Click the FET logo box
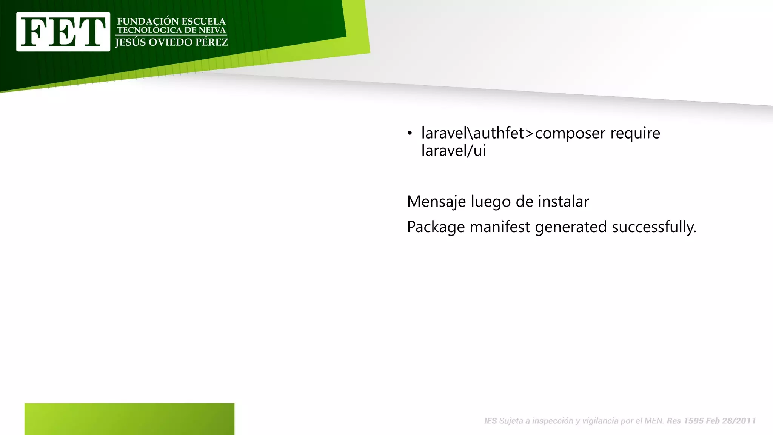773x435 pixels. (x=63, y=32)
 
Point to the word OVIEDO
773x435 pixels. (x=170, y=42)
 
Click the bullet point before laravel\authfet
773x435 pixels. (x=410, y=133)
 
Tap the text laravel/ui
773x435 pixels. (x=453, y=151)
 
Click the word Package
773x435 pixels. (x=436, y=227)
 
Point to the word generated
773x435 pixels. (x=571, y=227)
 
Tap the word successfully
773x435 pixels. (x=654, y=227)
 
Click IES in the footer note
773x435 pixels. (x=490, y=421)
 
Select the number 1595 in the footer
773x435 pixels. (x=693, y=421)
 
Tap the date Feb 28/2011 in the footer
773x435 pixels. (x=731, y=421)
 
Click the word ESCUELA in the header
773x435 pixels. (x=204, y=22)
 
